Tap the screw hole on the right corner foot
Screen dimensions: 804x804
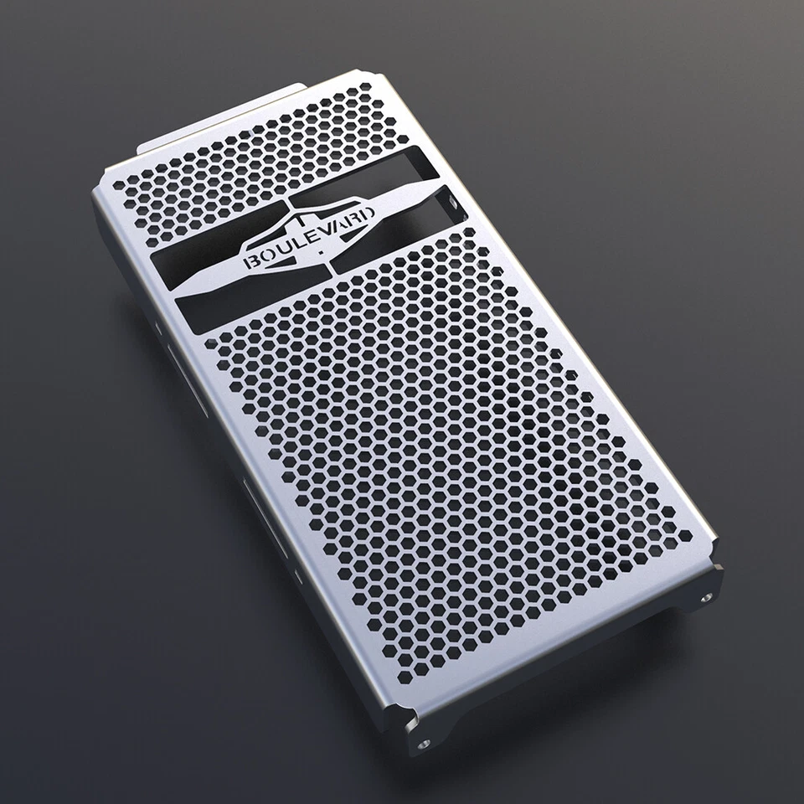(706, 597)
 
